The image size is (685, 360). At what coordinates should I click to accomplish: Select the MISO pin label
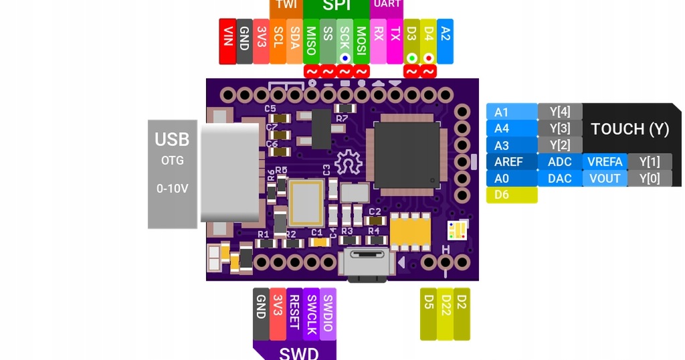pyautogui.click(x=311, y=41)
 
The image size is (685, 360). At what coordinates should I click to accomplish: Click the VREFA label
pyautogui.click(x=605, y=162)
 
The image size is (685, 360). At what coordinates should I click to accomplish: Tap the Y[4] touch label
pyautogui.click(x=560, y=111)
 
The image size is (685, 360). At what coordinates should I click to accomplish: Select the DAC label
pyautogui.click(x=560, y=179)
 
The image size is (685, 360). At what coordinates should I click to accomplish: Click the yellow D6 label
pyautogui.click(x=512, y=195)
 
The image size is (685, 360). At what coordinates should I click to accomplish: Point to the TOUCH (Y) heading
pyautogui.click(x=630, y=128)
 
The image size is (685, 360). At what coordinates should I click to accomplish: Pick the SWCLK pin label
pyautogui.click(x=311, y=314)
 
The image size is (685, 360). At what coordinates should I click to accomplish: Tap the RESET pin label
pyautogui.click(x=294, y=314)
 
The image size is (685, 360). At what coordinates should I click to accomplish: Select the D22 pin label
pyautogui.click(x=445, y=314)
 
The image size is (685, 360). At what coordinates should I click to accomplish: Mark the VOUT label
pyautogui.click(x=605, y=179)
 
